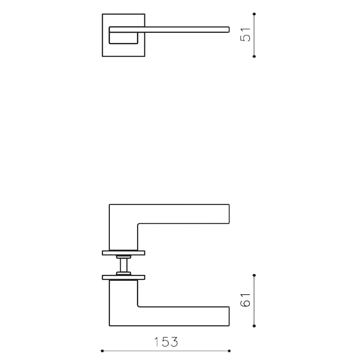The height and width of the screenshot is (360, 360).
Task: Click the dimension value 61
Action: coord(246,300)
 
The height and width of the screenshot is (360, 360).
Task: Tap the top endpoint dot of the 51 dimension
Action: coord(255,14)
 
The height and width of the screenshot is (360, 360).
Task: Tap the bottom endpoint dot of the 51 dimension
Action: coord(255,56)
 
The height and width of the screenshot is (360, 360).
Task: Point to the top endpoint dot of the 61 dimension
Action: coord(255,275)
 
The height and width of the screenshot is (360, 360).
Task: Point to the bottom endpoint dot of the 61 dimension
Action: coord(255,325)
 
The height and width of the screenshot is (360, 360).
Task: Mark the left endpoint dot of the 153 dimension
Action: coord(103,351)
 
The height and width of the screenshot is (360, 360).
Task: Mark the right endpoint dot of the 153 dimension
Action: coord(229,351)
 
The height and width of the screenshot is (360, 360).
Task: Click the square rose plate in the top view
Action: coord(106,49)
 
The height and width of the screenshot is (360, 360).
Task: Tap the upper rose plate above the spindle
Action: coord(123,252)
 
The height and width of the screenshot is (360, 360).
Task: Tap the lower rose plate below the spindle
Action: coord(123,276)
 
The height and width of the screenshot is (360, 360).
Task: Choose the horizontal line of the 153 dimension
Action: coord(135,351)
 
